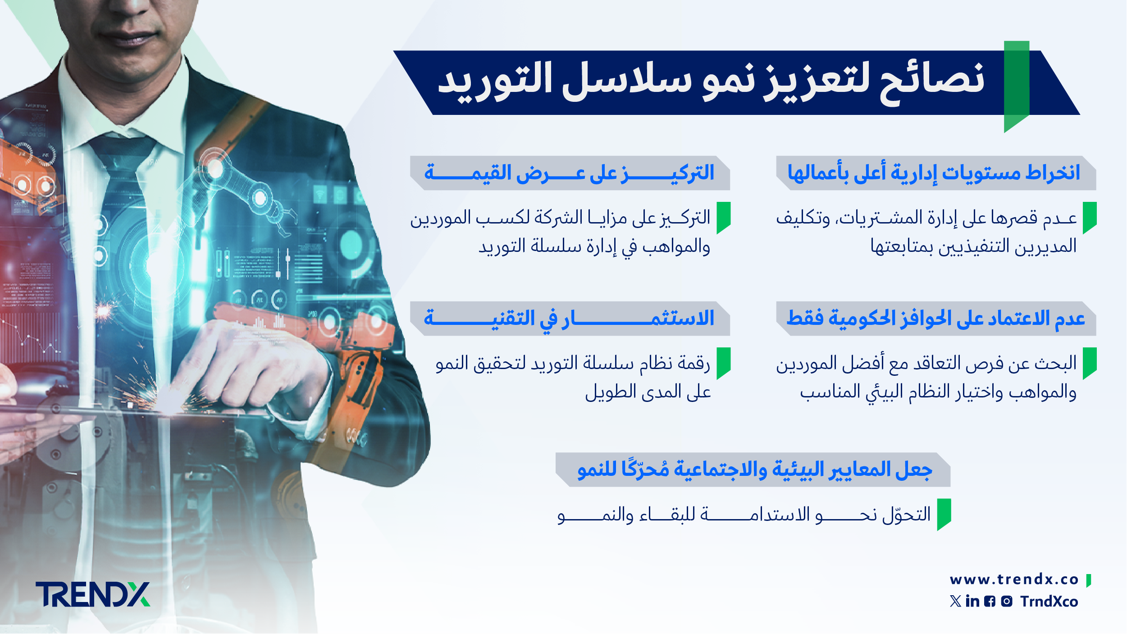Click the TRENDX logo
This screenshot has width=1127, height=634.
click(93, 594)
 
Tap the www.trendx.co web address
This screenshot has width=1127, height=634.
click(1014, 579)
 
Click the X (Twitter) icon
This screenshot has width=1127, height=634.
click(955, 601)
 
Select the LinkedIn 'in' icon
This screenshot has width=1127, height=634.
click(973, 601)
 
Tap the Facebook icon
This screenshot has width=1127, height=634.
click(990, 602)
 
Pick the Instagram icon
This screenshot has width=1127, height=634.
click(1007, 602)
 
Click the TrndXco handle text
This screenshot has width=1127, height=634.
click(1049, 602)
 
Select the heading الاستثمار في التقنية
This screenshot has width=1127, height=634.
click(569, 319)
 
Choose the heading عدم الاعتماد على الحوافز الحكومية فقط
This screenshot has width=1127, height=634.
click(935, 319)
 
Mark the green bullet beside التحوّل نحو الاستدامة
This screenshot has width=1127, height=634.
click(944, 514)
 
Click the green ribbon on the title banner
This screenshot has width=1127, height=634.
click(1017, 86)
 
